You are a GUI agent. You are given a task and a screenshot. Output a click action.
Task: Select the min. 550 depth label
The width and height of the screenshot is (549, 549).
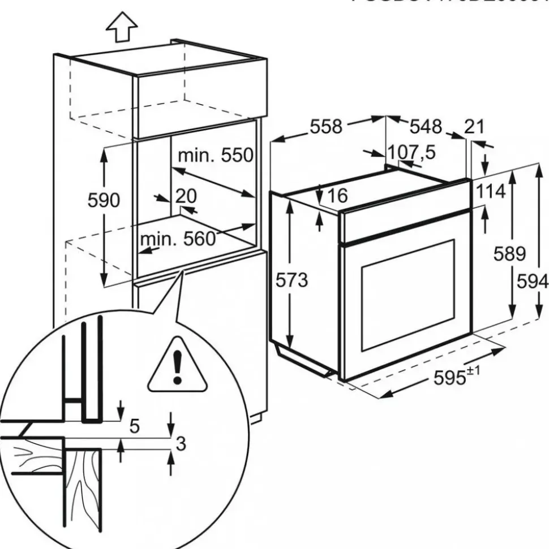216,155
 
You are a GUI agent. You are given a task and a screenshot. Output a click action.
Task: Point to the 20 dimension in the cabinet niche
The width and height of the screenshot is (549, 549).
185,196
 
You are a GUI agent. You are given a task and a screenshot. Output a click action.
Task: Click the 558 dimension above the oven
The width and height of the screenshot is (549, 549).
325,127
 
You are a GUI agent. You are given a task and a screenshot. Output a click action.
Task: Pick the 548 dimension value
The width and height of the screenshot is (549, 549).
425,127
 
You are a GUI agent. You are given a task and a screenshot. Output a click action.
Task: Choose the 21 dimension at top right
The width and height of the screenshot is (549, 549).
474,127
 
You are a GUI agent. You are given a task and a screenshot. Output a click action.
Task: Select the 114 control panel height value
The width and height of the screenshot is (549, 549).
490,192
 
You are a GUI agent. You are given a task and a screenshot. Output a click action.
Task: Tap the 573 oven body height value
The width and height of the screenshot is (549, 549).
292,279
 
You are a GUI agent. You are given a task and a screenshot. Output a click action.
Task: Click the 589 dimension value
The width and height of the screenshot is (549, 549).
509,253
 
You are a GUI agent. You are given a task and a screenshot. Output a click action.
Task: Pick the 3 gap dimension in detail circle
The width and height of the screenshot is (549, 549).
181,444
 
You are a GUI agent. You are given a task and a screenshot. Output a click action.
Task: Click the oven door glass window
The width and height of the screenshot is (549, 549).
408,294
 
